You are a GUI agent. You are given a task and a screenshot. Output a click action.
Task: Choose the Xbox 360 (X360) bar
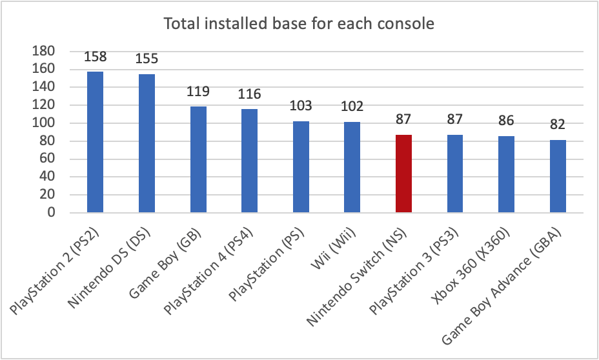(x=507, y=174)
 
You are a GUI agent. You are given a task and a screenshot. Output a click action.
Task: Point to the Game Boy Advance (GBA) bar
(x=558, y=175)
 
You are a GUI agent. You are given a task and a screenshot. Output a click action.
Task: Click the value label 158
(x=96, y=57)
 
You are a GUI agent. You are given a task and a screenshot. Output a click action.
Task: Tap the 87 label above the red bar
(x=403, y=120)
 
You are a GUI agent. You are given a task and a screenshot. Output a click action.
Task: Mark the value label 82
(x=558, y=125)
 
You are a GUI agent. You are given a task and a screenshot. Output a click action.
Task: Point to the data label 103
(x=301, y=106)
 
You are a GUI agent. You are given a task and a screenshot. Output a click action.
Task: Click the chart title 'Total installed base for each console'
(x=299, y=25)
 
